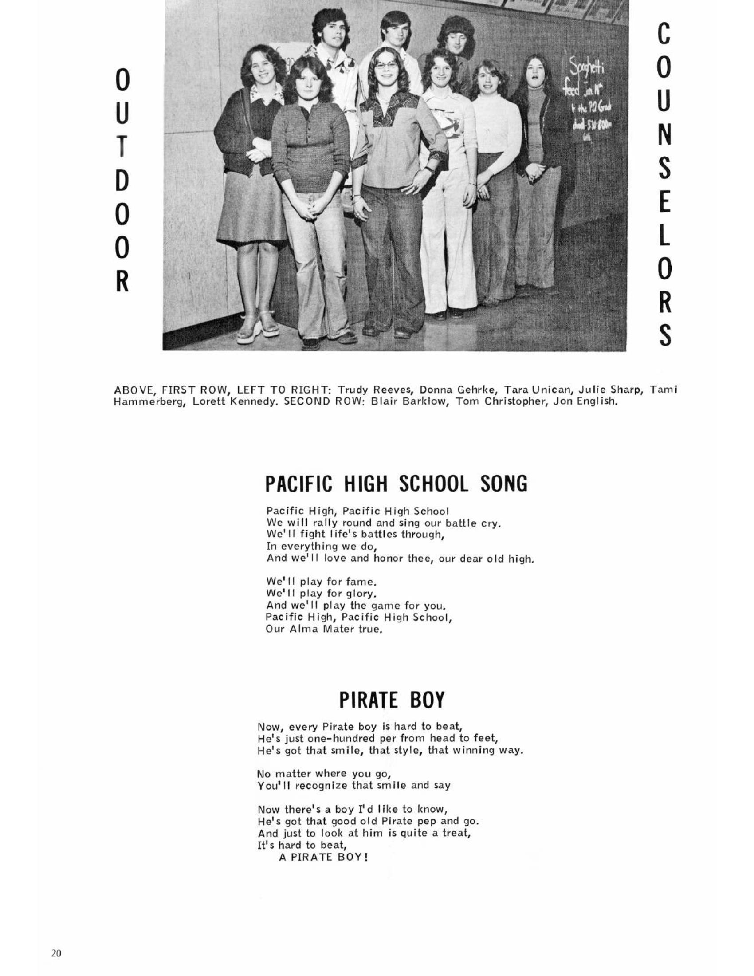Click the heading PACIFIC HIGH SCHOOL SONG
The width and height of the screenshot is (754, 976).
pyautogui.click(x=396, y=484)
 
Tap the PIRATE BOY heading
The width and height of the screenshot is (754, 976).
pyautogui.click(x=392, y=700)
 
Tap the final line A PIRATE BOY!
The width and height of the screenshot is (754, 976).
pyautogui.click(x=323, y=857)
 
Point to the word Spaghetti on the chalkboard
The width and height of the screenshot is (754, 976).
pyautogui.click(x=585, y=70)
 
